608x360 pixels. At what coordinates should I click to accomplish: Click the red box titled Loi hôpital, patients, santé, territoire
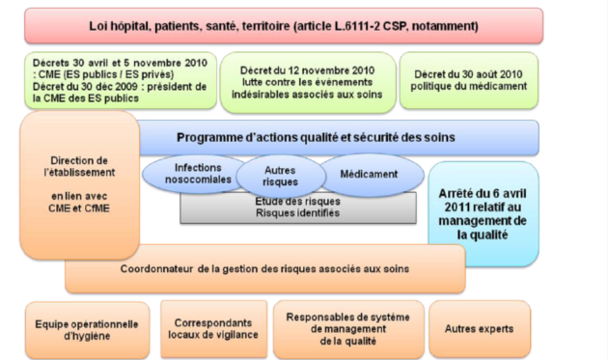[x=284, y=26]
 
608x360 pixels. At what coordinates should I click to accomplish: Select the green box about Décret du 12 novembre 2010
[x=308, y=82]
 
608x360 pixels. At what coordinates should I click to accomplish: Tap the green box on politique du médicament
[x=469, y=80]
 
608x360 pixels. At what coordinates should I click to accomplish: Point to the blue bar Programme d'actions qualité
[x=338, y=138]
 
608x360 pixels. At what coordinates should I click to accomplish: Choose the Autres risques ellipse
[x=280, y=176]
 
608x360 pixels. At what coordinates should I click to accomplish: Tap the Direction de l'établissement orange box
[x=79, y=184]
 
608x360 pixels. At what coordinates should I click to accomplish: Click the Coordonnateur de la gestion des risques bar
[x=265, y=269]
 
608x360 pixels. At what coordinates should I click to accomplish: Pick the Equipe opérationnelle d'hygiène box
[x=87, y=330]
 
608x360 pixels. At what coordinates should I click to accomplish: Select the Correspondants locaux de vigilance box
[x=213, y=328]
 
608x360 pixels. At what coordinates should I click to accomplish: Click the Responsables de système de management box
[x=348, y=329]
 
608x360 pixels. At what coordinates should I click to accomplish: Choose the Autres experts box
[x=480, y=328]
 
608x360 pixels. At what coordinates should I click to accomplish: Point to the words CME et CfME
[x=79, y=208]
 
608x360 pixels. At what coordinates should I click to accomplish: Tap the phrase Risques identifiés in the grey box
[x=298, y=213]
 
